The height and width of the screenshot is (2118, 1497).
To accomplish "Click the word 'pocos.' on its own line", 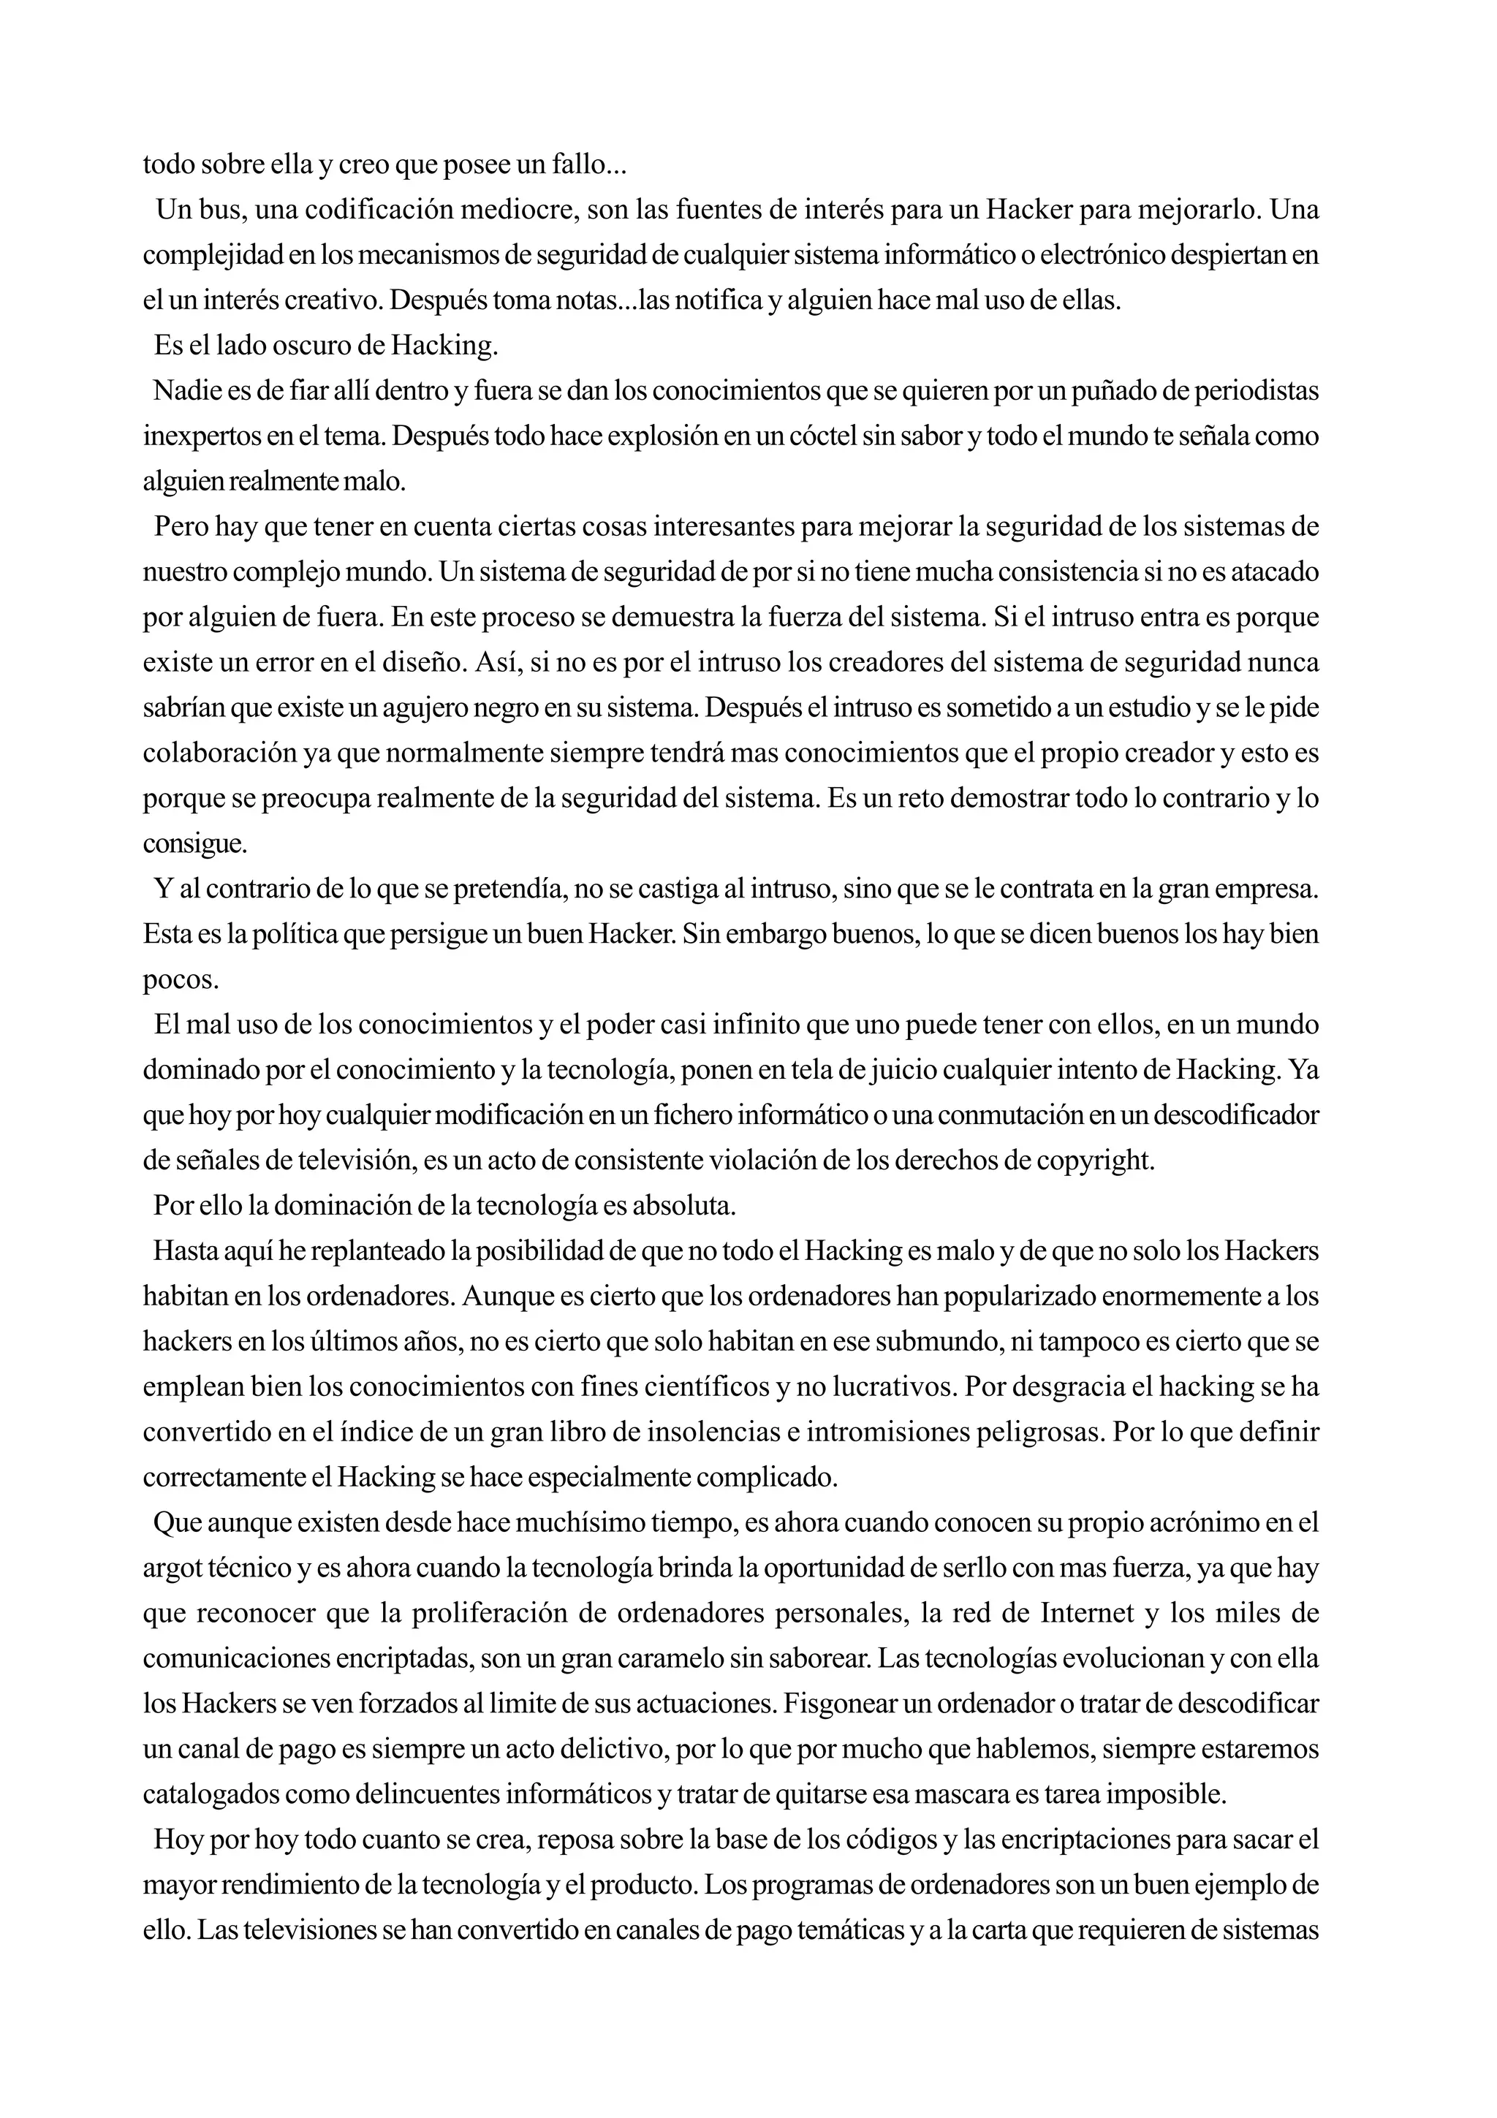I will coord(181,979).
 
